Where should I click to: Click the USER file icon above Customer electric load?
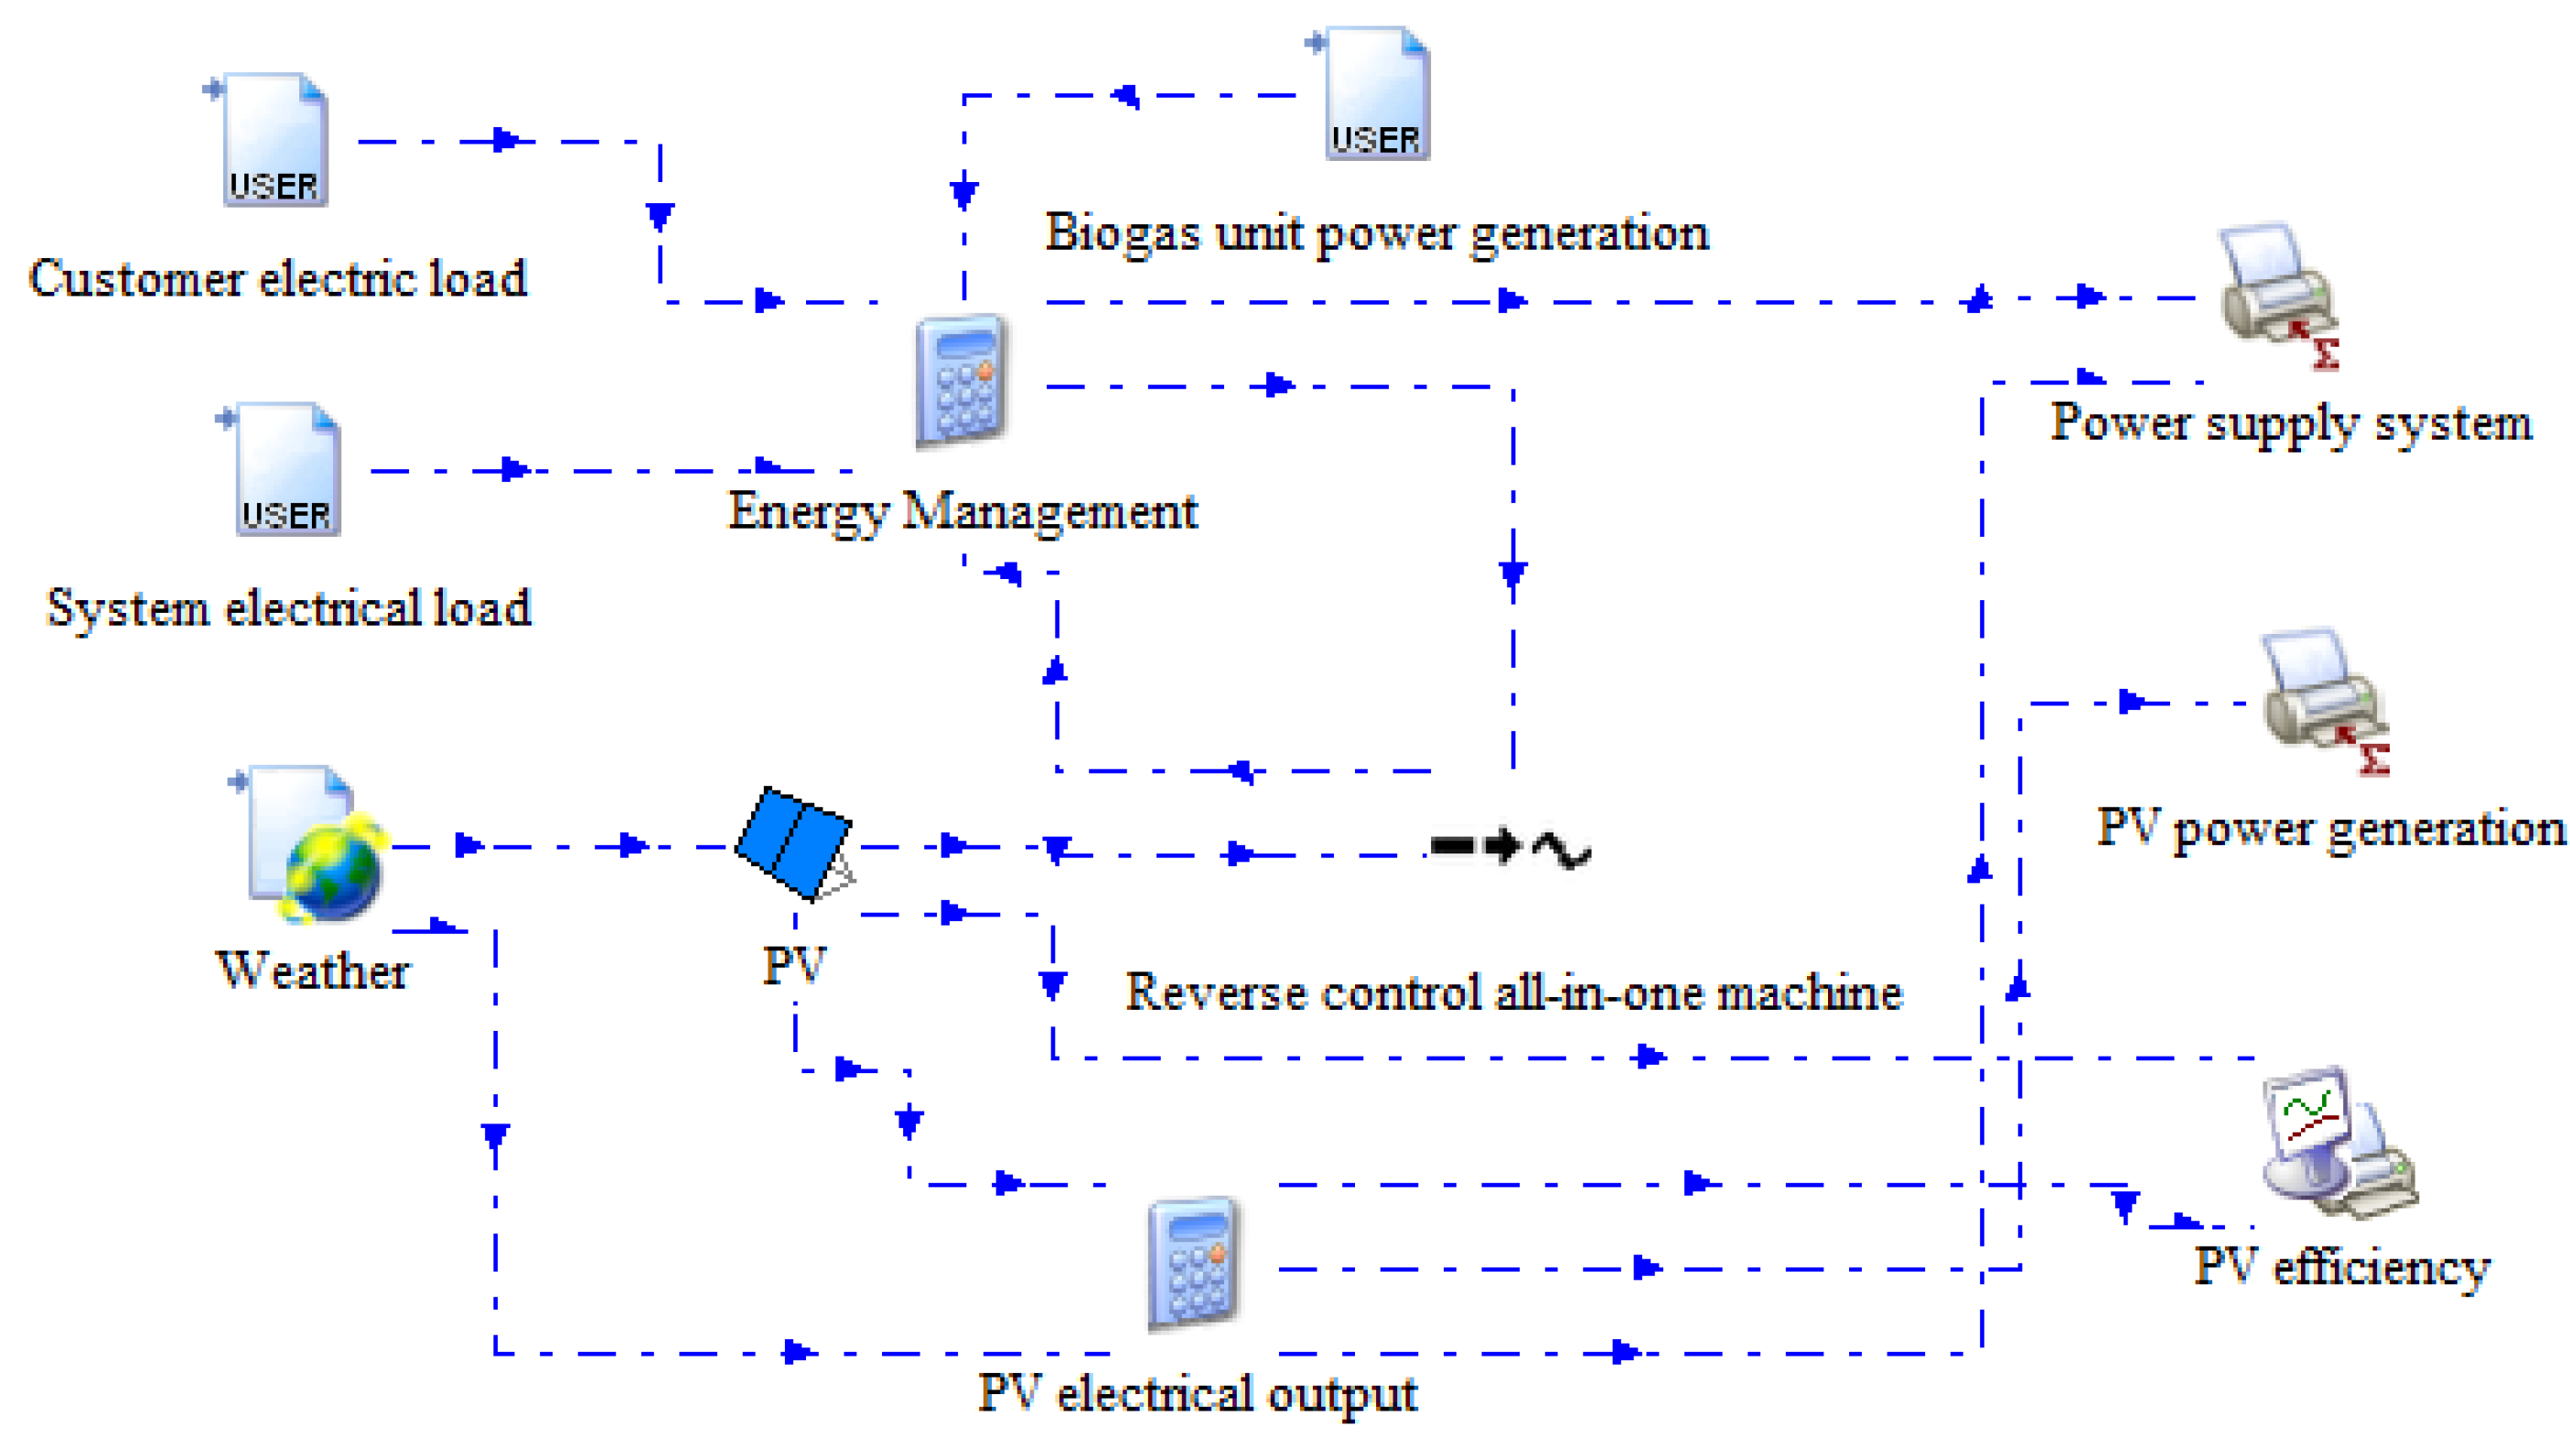tap(274, 140)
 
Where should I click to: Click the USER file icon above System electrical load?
tap(286, 468)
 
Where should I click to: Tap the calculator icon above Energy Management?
tap(961, 381)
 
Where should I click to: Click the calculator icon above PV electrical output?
tap(1193, 1263)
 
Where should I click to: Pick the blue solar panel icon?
tap(793, 841)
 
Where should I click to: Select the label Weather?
tap(312, 971)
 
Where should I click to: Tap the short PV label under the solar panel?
tap(794, 965)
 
